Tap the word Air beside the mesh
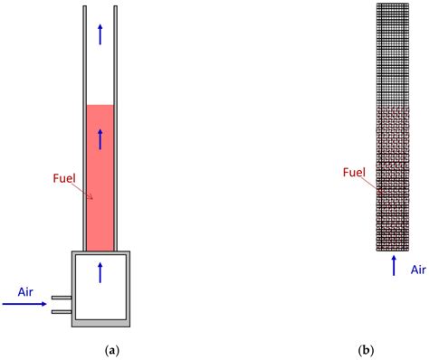(418, 269)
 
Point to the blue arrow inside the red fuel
(100, 138)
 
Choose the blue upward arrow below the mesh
(394, 265)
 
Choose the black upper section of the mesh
(393, 54)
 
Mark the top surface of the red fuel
(100, 106)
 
